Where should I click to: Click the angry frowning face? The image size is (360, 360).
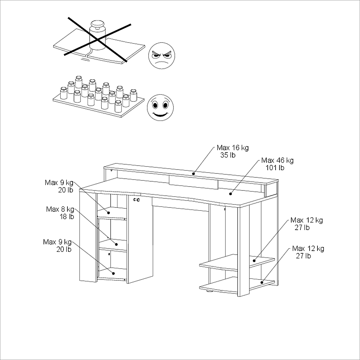pyautogui.click(x=162, y=56)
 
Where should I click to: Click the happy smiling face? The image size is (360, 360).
pyautogui.click(x=160, y=107)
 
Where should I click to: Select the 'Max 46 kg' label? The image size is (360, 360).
pyautogui.click(x=277, y=160)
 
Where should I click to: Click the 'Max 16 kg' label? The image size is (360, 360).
pyautogui.click(x=233, y=148)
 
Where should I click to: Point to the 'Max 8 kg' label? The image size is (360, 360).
pyautogui.click(x=60, y=209)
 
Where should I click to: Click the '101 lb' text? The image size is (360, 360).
pyautogui.click(x=275, y=168)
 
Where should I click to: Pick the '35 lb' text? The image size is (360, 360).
pyautogui.click(x=228, y=155)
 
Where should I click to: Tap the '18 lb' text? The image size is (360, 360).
pyautogui.click(x=67, y=217)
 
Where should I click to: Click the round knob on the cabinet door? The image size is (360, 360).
pyautogui.click(x=136, y=200)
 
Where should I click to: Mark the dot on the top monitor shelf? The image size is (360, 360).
pyautogui.click(x=193, y=173)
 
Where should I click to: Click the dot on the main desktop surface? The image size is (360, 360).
pyautogui.click(x=230, y=194)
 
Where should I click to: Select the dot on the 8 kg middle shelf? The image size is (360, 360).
pyautogui.click(x=117, y=244)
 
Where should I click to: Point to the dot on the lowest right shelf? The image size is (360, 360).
pyautogui.click(x=262, y=282)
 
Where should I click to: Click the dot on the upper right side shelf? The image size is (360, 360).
pyautogui.click(x=254, y=261)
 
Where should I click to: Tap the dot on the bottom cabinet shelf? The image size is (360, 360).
pyautogui.click(x=113, y=273)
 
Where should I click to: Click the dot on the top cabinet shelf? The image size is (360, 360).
pyautogui.click(x=109, y=213)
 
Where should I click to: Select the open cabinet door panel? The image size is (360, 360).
pyautogui.click(x=140, y=239)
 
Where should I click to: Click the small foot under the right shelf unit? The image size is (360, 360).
pyautogui.click(x=209, y=292)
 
